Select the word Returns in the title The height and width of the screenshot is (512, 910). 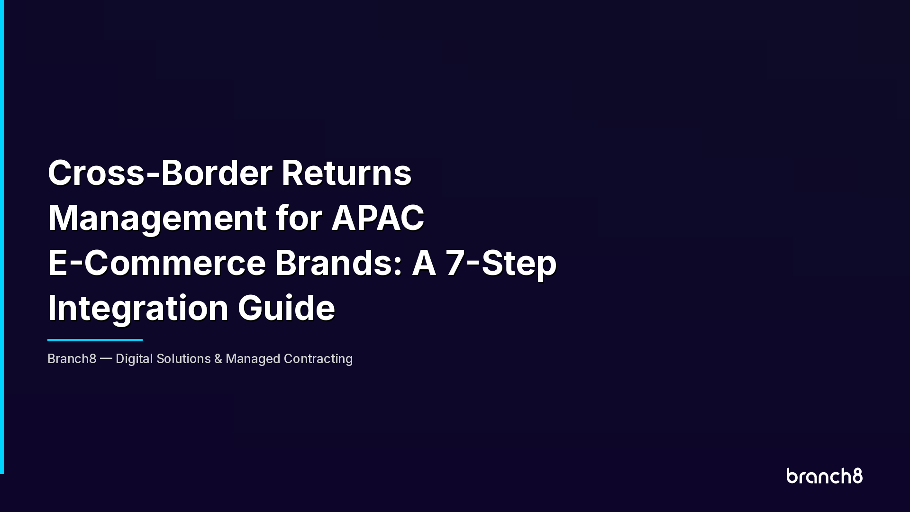pos(346,173)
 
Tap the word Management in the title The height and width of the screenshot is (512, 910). pos(157,218)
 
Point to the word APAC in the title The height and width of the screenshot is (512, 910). pos(378,218)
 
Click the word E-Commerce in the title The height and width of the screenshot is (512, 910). pos(157,263)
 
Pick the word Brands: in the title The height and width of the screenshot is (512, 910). pos(338,263)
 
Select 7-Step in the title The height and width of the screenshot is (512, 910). pos(501,263)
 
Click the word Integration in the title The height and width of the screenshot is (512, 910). pos(138,308)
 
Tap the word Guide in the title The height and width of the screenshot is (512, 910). pos(286,308)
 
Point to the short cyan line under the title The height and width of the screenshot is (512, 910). pos(95,340)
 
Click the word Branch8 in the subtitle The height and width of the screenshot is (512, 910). pos(72,359)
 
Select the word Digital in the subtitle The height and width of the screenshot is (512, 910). pos(134,359)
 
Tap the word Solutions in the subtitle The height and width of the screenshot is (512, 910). pos(183,359)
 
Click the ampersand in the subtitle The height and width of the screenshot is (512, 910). pos(218,359)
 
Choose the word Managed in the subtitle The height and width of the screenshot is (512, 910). pos(253,359)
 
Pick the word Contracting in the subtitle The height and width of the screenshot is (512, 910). pos(318,359)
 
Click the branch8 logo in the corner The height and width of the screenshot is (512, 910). pos(824,476)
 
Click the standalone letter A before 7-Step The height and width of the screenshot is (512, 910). pos(424,263)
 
